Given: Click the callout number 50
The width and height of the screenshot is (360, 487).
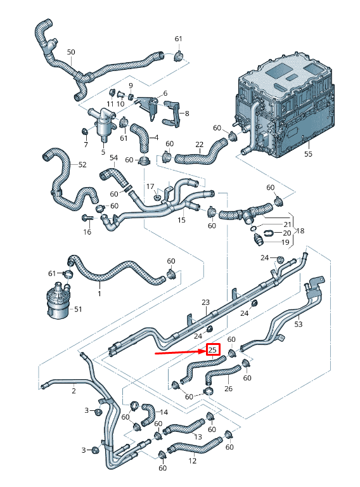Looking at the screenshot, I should pos(71,52).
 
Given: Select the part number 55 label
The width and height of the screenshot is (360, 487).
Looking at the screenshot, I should pos(309,154).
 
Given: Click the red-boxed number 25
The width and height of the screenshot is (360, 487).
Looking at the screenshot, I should pos(212,349).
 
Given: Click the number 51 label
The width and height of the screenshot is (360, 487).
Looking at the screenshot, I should pos(78,309).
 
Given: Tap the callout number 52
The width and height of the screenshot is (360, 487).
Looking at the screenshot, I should pos(82,165).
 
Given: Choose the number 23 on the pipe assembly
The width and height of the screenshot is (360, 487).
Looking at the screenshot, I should pos(205,302).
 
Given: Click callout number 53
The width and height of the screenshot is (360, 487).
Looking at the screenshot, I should pos(299,324).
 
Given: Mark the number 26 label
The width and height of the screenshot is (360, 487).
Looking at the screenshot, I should pos(229,389).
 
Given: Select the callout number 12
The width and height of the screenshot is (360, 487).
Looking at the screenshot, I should pos(193,461).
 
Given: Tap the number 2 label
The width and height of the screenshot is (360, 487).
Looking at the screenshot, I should pos(74,391).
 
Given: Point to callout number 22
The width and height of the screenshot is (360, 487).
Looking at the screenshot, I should pos(199,145).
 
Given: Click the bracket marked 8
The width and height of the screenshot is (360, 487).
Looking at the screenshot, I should pos(172,115).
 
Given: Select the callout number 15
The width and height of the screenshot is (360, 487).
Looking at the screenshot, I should pos(182,220).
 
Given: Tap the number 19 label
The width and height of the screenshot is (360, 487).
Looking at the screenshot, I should pos(285,242).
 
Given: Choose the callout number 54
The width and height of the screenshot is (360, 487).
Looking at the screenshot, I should pos(114,157).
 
